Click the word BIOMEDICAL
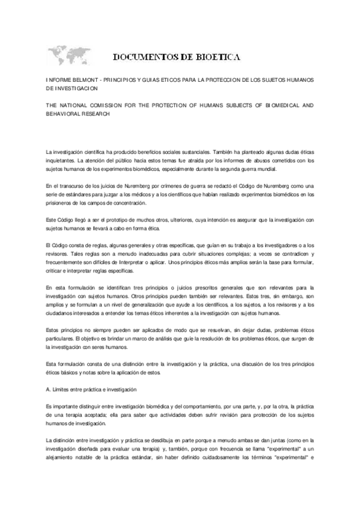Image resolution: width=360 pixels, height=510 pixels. [x=278, y=105]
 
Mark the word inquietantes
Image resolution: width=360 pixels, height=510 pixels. [x=59, y=161]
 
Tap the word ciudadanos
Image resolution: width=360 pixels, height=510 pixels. [x=60, y=313]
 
